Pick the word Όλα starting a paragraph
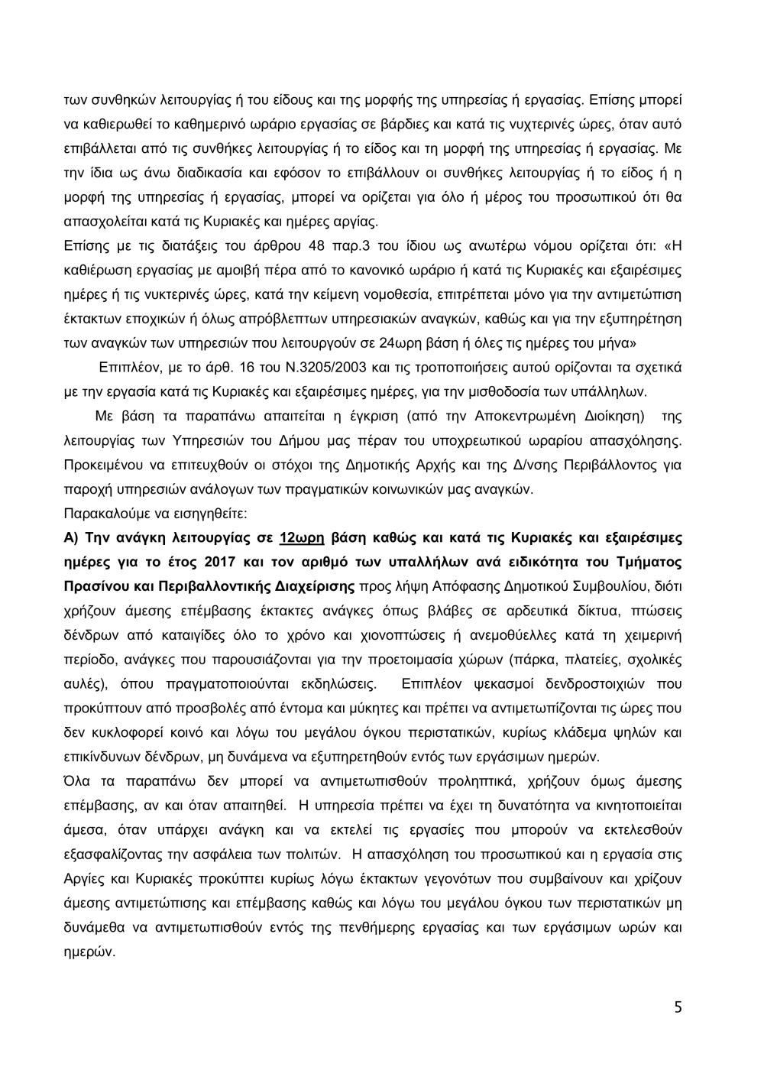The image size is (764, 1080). coord(75,780)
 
